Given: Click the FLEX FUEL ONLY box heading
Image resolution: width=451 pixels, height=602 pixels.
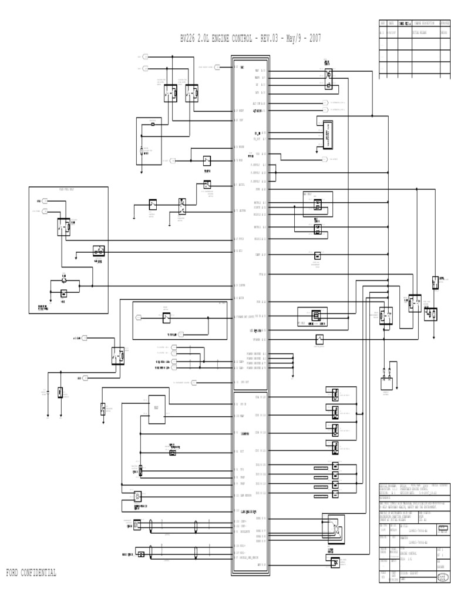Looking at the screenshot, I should tap(68, 190).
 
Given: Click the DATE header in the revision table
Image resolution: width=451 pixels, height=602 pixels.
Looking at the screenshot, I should tap(390, 23).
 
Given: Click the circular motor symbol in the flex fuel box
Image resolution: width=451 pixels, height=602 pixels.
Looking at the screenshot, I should tap(64, 282).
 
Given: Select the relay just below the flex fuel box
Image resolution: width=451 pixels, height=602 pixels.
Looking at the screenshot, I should tap(117, 354).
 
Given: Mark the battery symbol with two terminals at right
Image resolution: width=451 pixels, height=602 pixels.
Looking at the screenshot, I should tap(386, 377).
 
